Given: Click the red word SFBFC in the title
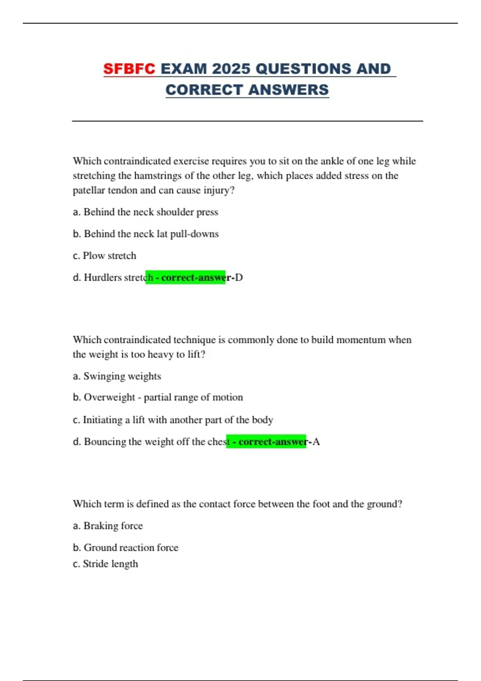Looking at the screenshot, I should tap(129, 69).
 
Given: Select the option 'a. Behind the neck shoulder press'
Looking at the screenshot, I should tap(146, 212).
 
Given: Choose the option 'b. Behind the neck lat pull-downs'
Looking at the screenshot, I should tap(146, 234).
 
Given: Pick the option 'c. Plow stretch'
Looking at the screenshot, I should tap(105, 256).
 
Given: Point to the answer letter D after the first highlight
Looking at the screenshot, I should tap(239, 278).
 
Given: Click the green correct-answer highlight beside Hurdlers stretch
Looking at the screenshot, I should tap(185, 278).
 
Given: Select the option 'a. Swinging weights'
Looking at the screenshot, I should tap(117, 376).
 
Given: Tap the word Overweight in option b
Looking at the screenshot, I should tap(109, 397).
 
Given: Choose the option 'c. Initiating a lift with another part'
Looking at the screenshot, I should tap(173, 420).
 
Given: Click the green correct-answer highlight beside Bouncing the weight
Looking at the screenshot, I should tap(266, 441).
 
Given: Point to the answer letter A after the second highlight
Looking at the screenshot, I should tap(316, 441).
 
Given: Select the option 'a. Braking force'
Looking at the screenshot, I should tap(108, 526).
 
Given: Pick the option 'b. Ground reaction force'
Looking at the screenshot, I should tap(126, 548).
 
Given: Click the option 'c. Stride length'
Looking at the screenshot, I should tap(105, 564).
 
